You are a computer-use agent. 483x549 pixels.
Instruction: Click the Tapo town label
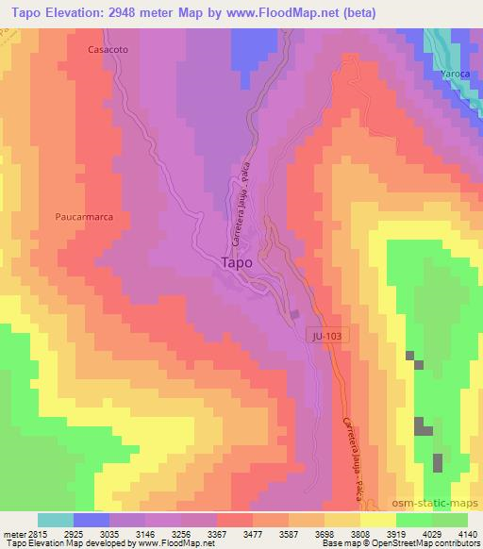pos(236,263)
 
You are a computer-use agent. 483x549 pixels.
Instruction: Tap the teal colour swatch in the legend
pos(55,520)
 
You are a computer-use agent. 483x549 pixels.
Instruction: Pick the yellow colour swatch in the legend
pos(377,520)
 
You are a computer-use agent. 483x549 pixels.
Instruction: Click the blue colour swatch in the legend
pos(91,520)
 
